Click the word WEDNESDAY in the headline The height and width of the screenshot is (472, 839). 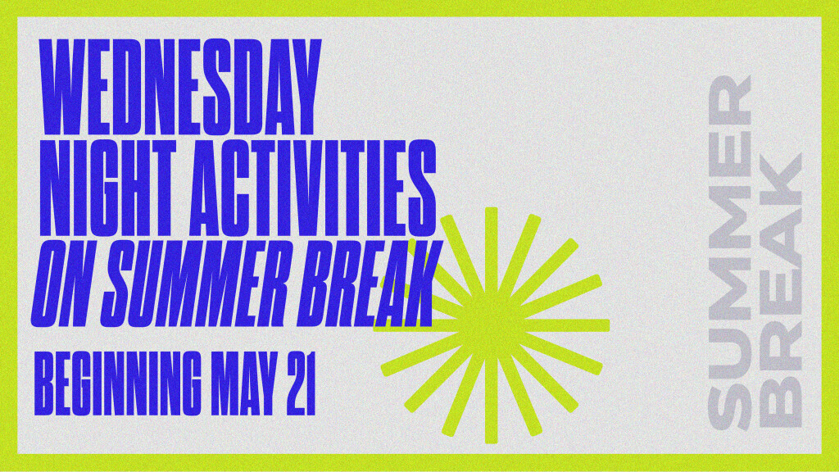180,87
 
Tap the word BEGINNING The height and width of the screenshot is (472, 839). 118,383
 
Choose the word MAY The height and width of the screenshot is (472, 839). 244,383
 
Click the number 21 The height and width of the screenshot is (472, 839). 301,383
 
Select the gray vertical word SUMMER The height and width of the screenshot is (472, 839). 730,252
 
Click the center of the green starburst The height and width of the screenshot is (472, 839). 492,325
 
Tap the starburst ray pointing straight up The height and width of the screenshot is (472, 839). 492,252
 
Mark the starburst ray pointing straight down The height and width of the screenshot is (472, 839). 492,399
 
